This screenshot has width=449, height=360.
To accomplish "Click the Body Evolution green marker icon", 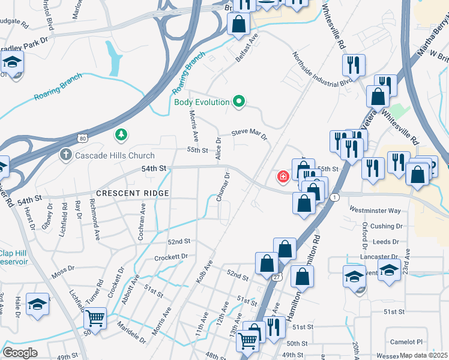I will click(239, 102).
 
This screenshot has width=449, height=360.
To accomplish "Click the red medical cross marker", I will click(282, 177).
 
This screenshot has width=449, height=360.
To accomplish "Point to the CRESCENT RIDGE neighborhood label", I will click(132, 193).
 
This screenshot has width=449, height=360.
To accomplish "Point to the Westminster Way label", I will click(375, 211).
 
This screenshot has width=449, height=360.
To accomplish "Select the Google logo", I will click(20, 352).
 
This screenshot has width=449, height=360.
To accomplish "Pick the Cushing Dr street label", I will click(386, 226).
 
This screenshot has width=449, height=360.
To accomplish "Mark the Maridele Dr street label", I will click(133, 334).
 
